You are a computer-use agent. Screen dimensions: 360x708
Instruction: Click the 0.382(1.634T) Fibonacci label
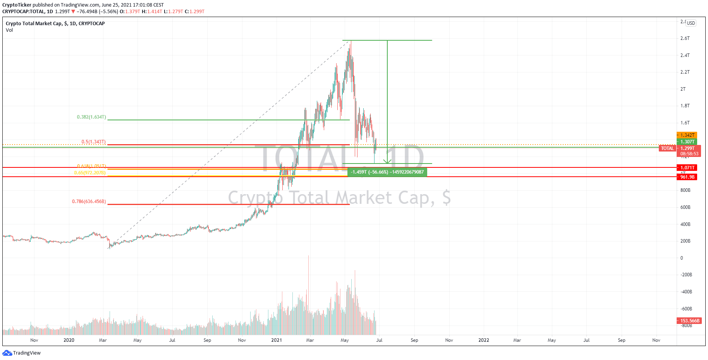tap(91, 117)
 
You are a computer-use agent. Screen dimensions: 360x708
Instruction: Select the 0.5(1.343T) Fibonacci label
tap(93, 142)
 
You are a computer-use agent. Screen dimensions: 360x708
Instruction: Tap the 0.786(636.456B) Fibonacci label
tap(89, 202)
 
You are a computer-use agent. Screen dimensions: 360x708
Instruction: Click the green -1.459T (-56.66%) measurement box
tap(387, 172)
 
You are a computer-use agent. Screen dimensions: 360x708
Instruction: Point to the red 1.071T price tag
tap(687, 168)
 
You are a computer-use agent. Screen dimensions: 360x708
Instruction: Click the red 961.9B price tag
tap(687, 177)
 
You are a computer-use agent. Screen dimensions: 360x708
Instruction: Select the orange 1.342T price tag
tap(687, 135)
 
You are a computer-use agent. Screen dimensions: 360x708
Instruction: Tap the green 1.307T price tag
tap(687, 142)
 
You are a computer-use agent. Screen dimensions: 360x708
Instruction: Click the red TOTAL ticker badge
tap(667, 148)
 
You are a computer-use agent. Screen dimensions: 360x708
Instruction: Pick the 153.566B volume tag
tap(689, 321)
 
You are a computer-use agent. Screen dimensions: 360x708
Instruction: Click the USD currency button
tap(691, 23)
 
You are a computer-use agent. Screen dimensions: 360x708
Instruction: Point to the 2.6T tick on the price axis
tap(685, 38)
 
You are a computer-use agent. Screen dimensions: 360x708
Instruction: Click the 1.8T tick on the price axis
tap(685, 106)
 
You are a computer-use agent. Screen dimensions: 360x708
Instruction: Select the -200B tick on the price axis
tap(686, 275)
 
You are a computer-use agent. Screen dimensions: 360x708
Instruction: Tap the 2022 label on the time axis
tap(483, 340)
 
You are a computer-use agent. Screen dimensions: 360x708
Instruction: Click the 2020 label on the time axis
tap(69, 340)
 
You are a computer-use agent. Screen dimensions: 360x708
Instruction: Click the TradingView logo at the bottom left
tap(22, 353)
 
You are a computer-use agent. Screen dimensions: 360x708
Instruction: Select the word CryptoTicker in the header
tap(17, 5)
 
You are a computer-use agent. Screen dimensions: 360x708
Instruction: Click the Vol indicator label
tap(9, 30)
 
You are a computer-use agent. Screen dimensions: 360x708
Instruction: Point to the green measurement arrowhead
tap(387, 161)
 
